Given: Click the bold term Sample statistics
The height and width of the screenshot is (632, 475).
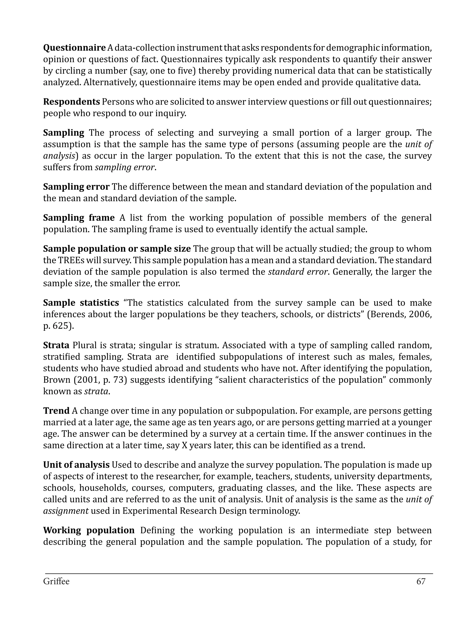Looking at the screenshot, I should click(x=81, y=303).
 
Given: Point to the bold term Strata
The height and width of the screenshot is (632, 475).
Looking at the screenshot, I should click(x=56, y=345).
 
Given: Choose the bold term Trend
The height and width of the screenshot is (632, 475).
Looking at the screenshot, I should click(x=56, y=411).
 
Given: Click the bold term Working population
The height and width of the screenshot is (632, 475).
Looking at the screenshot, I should click(x=89, y=530).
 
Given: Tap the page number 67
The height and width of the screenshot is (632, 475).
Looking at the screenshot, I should click(x=421, y=581).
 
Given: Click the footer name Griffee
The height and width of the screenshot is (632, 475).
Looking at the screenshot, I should click(x=56, y=581).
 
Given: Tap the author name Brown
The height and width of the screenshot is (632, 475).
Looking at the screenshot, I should click(x=57, y=380).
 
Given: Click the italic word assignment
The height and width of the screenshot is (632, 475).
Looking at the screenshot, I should click(x=66, y=511).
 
